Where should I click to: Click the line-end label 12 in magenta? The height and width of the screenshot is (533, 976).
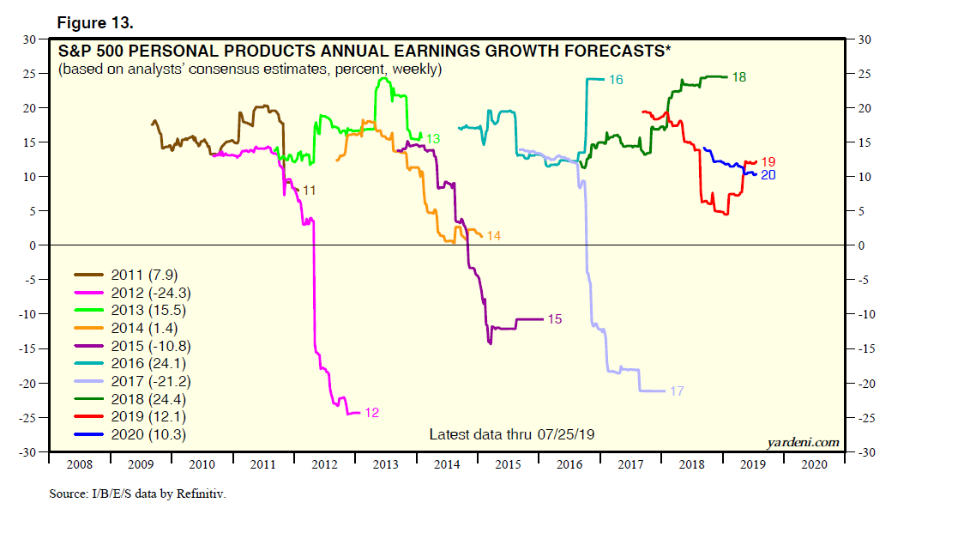[371, 413]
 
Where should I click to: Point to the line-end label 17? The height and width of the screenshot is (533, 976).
[677, 391]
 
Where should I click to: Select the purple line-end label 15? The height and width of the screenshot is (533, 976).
[554, 319]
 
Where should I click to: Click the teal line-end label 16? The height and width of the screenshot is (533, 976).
[616, 80]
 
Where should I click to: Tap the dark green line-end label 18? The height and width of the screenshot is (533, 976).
[738, 77]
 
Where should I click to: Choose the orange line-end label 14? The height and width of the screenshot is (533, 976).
[493, 235]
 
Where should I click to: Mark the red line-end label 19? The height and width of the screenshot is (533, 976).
[768, 161]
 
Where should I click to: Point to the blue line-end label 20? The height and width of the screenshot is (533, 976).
[768, 175]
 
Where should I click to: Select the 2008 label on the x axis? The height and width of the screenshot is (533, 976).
[79, 463]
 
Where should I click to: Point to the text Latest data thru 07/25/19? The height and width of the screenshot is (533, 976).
[511, 434]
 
